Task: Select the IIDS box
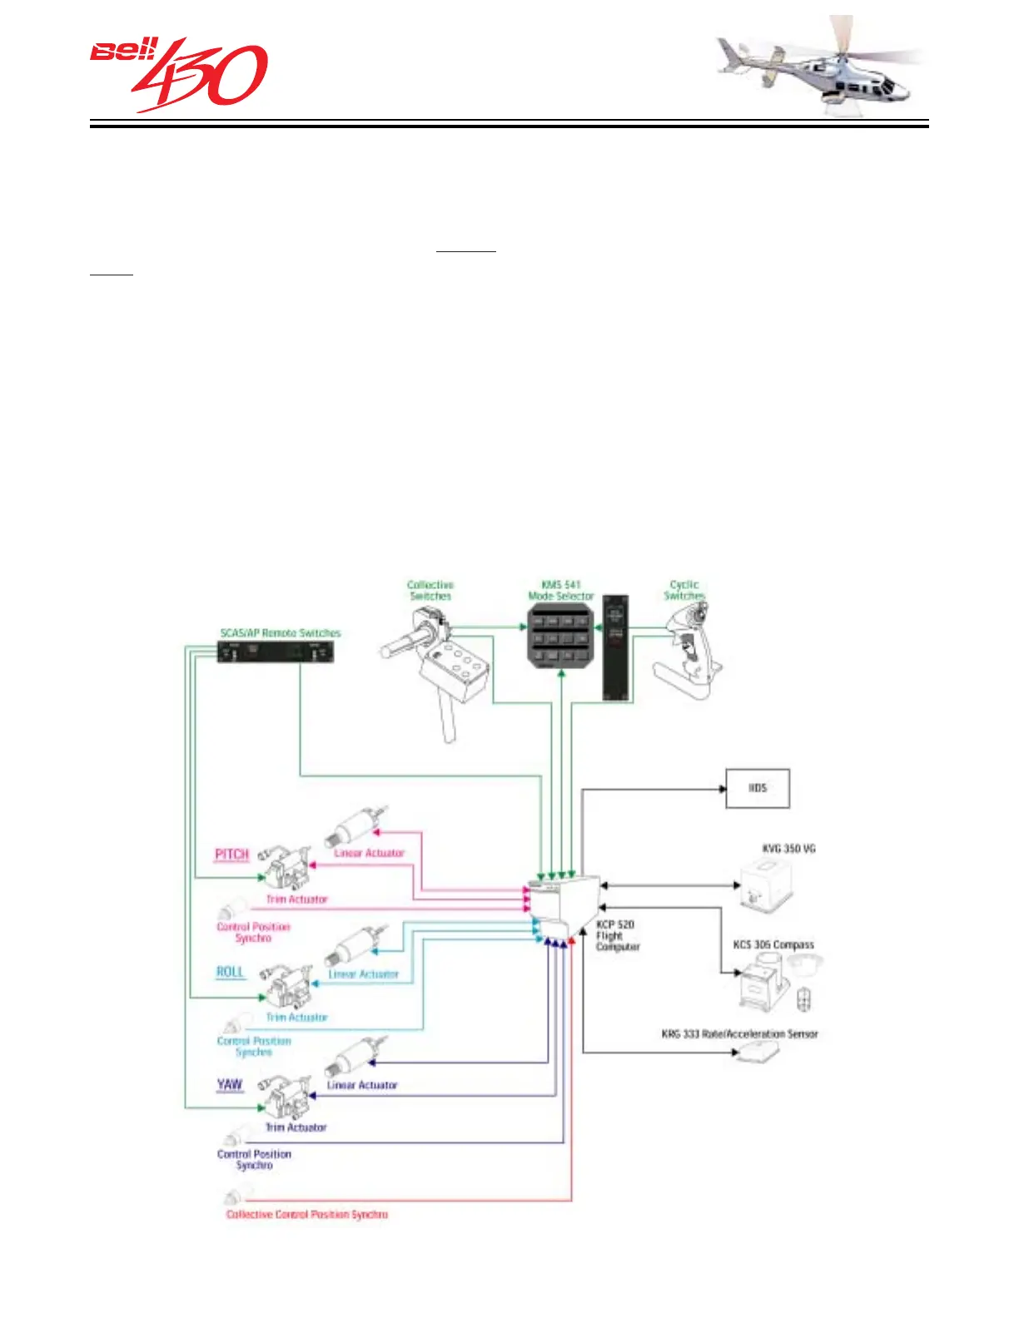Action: click(757, 788)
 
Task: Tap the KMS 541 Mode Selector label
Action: click(560, 591)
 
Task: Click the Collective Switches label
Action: click(430, 591)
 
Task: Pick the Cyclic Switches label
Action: click(684, 591)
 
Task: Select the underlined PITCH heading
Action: click(231, 855)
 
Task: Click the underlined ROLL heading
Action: click(230, 972)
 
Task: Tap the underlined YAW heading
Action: click(229, 1084)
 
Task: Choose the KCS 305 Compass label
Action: click(773, 945)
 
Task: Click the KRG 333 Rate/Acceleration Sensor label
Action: click(739, 1034)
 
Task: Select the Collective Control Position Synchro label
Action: click(307, 1215)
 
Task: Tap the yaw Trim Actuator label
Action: click(296, 1127)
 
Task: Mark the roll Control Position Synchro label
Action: click(254, 1047)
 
